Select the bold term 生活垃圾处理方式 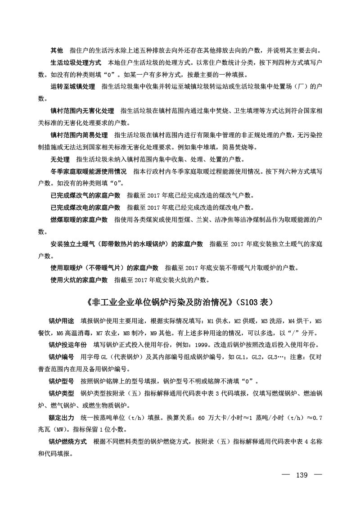coord(75,62)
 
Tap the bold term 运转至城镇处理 coord(72,86)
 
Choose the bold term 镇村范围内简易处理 coord(79,135)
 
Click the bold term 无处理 coord(59,159)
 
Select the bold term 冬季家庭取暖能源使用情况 coord(88,171)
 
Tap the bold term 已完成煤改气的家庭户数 coord(85,196)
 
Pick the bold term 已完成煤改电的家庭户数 coord(85,208)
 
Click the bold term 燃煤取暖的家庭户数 coord(79,220)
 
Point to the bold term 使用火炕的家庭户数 coord(79,280)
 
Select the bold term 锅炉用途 coord(61,321)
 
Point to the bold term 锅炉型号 coord(61,381)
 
